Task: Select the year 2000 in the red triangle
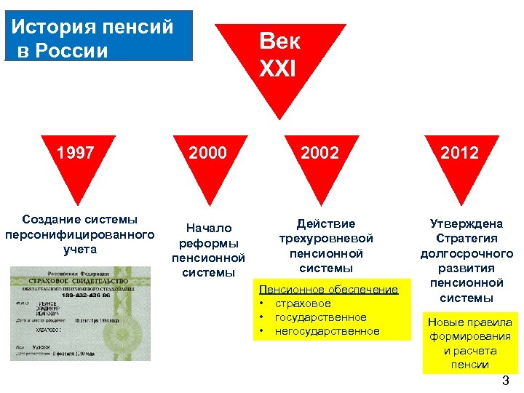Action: (207, 153)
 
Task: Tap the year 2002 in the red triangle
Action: (320, 153)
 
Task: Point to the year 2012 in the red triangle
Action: (460, 153)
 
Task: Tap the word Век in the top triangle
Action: (279, 41)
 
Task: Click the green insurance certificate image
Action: (80, 313)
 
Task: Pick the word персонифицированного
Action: (79, 234)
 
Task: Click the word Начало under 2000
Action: (208, 229)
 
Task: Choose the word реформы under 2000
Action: (208, 243)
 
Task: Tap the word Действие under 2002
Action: (325, 223)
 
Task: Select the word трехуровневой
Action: (325, 238)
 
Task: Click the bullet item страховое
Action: (302, 303)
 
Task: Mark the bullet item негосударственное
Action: (327, 331)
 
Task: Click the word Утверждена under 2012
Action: (466, 223)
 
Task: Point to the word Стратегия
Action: (467, 238)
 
